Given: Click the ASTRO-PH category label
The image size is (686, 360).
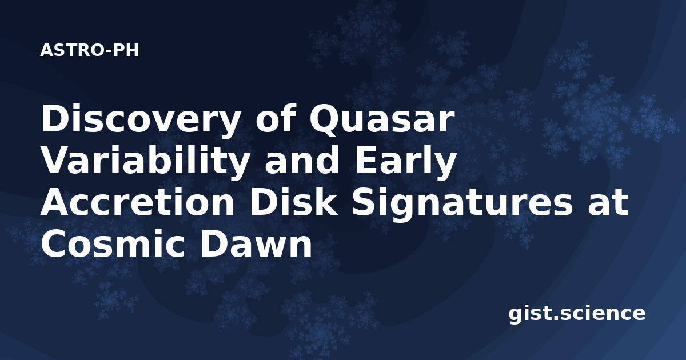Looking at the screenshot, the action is tap(89, 50).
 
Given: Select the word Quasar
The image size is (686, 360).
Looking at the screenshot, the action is tap(381, 119).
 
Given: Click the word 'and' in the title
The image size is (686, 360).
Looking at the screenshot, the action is tap(301, 161).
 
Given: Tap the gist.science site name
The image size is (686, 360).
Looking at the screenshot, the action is tap(577, 314).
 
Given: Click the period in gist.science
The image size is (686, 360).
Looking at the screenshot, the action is tap(555, 318).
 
